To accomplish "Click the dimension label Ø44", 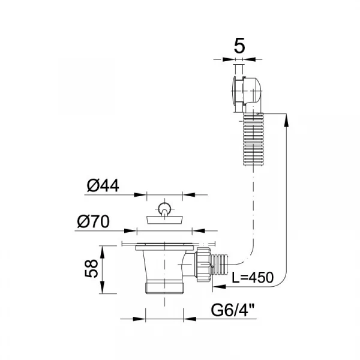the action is (x=103, y=185).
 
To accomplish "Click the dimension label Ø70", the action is (x=94, y=221).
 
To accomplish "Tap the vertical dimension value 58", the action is (x=91, y=268).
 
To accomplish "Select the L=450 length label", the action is (x=253, y=277).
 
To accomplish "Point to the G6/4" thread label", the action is (x=233, y=310).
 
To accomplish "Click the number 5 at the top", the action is (x=239, y=46).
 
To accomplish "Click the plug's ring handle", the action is (x=164, y=209).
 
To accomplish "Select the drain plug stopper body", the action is (x=164, y=220).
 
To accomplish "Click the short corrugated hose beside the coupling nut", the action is (x=220, y=265).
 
